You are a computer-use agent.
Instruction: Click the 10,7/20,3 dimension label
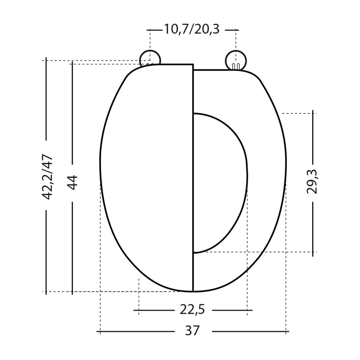click(x=192, y=30)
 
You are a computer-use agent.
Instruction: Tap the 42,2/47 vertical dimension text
click(x=48, y=177)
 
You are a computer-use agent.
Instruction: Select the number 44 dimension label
click(x=72, y=183)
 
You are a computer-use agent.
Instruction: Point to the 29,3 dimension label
click(x=312, y=182)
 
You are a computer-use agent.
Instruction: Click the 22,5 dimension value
click(x=192, y=310)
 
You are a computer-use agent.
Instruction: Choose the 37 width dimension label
click(x=193, y=331)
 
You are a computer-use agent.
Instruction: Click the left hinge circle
click(x=150, y=58)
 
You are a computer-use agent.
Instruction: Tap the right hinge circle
click(x=236, y=60)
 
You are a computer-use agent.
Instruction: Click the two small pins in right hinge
click(x=236, y=66)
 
